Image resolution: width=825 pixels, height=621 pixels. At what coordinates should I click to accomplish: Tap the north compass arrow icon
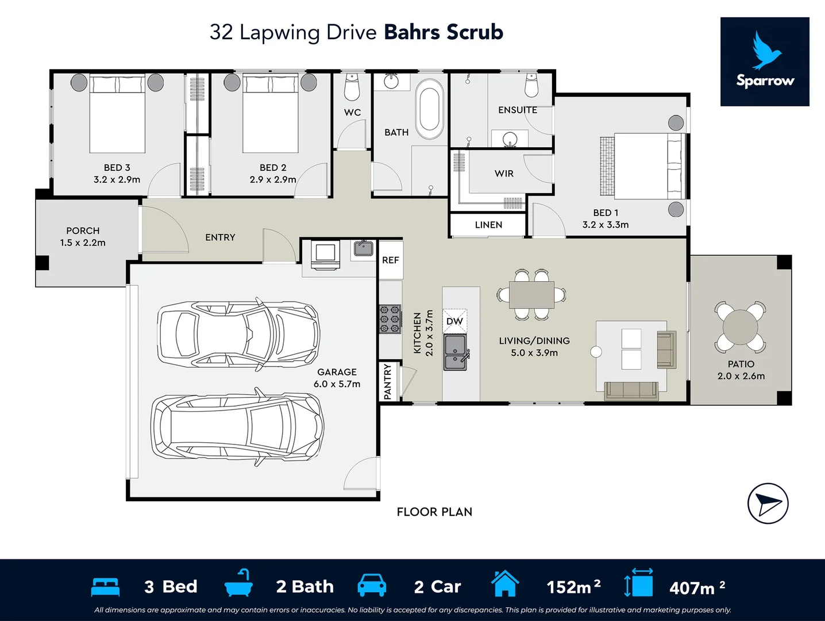pos(768,504)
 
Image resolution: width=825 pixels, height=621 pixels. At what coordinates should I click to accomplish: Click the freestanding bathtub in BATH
pos(429,109)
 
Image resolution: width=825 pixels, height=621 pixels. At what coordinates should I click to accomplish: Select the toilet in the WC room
pos(352,87)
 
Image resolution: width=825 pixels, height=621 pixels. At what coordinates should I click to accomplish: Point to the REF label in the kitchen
pos(390,260)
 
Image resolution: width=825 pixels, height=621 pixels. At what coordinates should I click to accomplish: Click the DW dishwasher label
pos(454,321)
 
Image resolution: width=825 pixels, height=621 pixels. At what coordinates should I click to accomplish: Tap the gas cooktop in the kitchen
pos(390,319)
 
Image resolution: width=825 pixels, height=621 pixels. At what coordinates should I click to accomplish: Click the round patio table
pos(740,327)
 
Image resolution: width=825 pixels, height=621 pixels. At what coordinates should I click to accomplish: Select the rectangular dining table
pos(531,295)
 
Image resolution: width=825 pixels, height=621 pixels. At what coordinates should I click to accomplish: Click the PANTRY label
pos(387,381)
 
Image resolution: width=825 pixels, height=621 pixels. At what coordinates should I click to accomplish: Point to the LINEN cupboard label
pos(488,225)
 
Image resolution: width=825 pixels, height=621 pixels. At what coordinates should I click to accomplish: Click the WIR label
pos(504,174)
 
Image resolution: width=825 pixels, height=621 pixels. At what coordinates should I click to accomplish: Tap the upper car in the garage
pos(238,333)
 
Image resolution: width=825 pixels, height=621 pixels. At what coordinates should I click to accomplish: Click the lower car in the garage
pos(237,427)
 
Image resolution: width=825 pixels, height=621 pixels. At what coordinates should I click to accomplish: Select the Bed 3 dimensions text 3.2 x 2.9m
pos(117,179)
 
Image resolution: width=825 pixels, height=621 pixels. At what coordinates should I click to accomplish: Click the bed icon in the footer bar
pos(105,587)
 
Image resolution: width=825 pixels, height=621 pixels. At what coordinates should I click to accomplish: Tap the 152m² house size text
pos(573,587)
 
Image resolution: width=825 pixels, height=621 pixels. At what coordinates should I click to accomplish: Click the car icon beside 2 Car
pos(372,585)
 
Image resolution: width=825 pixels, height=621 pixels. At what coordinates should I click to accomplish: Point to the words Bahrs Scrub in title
pos(444,32)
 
